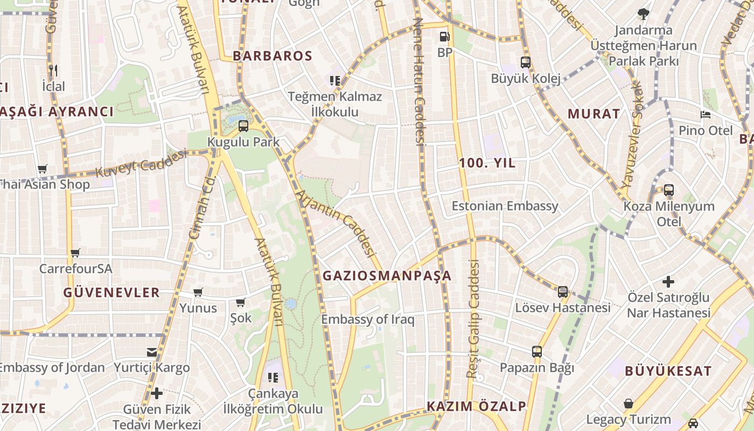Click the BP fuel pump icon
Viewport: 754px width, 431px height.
click(444, 37)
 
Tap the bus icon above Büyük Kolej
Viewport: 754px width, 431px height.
click(526, 62)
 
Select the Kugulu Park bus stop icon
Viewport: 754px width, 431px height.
click(243, 126)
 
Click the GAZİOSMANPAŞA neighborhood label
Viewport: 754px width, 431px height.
click(387, 276)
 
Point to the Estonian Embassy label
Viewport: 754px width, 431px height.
click(505, 206)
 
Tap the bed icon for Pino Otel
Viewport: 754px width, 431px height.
click(706, 114)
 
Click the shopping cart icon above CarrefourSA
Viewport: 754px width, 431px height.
click(75, 253)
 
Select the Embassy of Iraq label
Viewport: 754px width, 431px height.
click(368, 319)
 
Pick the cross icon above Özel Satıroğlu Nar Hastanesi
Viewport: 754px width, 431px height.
click(668, 281)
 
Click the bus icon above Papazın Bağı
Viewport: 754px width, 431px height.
click(537, 352)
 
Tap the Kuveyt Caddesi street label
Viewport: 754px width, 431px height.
click(141, 163)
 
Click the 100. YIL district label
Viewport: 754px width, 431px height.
click(487, 163)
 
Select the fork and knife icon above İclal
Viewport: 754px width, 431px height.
click(53, 70)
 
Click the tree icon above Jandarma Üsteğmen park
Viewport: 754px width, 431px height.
click(643, 14)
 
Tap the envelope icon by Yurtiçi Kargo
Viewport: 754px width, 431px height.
click(152, 352)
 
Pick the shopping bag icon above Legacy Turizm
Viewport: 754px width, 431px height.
click(629, 404)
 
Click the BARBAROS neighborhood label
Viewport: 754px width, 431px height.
click(273, 56)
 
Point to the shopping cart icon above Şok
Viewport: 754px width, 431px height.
click(240, 302)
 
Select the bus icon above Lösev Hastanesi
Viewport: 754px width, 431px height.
click(563, 292)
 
